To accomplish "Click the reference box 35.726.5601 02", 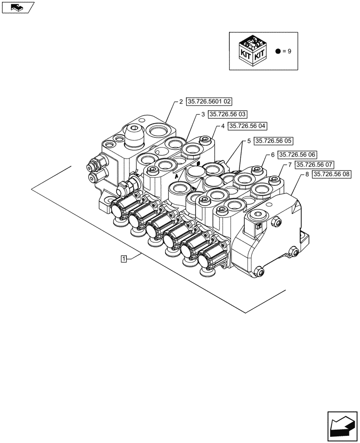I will [209, 102].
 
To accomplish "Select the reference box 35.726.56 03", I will [228, 114].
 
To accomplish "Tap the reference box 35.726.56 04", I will [248, 126].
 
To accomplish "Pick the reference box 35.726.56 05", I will [274, 141].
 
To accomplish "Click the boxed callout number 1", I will [124, 258].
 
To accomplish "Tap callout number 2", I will [181, 102].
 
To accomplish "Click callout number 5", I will [249, 141].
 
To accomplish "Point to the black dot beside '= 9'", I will [278, 51].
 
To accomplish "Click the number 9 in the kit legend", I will [290, 51].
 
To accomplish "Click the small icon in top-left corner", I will [17, 7].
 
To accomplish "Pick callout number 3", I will [203, 114].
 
